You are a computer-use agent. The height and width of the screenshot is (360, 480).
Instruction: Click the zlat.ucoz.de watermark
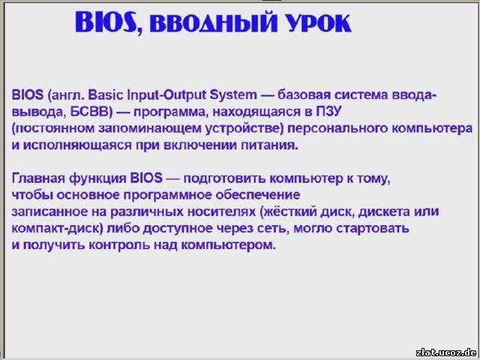pos(446,352)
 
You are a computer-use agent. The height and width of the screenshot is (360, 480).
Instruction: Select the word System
pos(233,95)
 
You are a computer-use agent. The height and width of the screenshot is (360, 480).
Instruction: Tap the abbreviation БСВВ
pos(90,112)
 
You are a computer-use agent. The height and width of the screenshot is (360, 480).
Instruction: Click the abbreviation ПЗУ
pos(328,112)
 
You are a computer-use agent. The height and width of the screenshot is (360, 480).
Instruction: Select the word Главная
pos(38,178)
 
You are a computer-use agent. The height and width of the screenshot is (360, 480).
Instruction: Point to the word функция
pos(97,179)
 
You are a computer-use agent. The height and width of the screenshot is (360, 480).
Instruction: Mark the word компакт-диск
pos(58,229)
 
